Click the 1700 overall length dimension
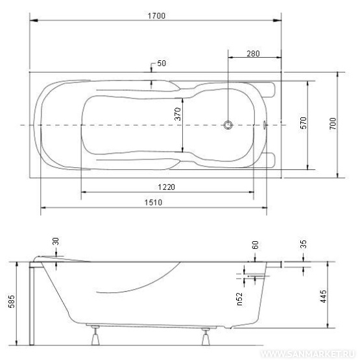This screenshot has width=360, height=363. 156,16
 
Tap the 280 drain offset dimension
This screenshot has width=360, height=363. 253,54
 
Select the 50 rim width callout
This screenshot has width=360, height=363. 162,64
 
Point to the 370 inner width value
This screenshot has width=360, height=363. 178,113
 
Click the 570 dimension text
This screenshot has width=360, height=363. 304,123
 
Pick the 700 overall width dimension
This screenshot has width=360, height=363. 333,124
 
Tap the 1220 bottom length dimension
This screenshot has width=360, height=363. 166,187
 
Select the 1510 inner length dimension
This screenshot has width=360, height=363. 153,202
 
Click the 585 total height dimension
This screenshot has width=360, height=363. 12,301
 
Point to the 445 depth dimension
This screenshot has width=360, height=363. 323,296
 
